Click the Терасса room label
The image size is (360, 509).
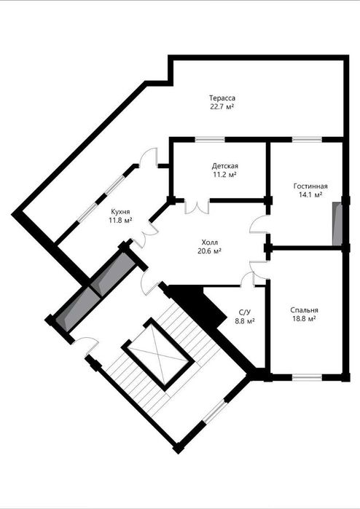pos(222,98)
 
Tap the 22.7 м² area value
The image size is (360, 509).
pos(222,106)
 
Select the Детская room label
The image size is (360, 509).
pos(225,166)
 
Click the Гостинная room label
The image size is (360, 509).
pos(310,186)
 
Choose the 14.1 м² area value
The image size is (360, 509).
pos(310,194)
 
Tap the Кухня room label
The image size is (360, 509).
pos(120,212)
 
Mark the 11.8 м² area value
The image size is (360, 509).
pos(120,220)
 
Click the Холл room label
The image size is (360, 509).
pos(210,242)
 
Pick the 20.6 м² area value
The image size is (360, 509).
pos(210,250)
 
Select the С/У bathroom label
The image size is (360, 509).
pos(245,312)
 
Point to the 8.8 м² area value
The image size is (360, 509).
pos(245,321)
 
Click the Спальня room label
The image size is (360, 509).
pos(304,310)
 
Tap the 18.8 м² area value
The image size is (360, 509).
pos(304,319)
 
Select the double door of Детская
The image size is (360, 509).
pos(197,207)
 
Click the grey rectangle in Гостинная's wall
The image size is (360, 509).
pos(337,224)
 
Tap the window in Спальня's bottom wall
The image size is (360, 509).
pos(307,377)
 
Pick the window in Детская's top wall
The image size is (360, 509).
pos(210,140)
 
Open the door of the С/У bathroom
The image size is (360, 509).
pos(248,280)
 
